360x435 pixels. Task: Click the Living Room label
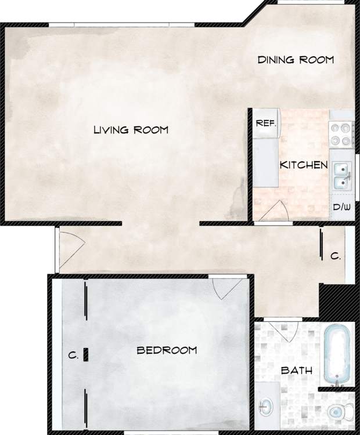131,130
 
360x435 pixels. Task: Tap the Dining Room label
296,60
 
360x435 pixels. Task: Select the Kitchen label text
304,165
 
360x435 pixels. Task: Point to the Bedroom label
167,350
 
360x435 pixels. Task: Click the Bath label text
297,371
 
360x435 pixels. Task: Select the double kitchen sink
341,176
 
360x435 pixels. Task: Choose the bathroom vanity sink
268,407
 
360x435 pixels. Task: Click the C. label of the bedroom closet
73,356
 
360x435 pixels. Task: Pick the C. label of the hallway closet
335,256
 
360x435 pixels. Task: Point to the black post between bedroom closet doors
86,354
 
